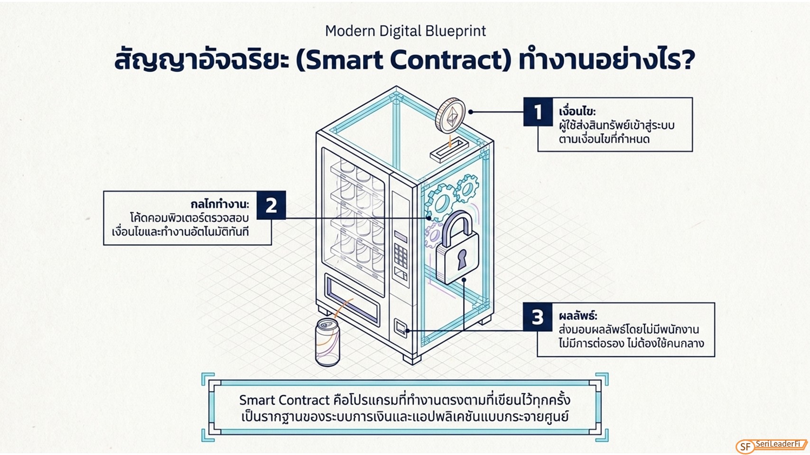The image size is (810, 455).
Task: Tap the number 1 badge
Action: coord(538,111)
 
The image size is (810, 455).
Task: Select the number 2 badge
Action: coord(271,205)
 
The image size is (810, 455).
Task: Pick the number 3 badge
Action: coord(538,317)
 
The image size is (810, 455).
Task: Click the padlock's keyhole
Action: coord(462,259)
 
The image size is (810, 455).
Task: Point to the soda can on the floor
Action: coord(327,342)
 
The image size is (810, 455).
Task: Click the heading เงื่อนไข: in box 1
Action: coord(577,111)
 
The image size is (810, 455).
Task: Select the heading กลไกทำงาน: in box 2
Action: coord(220,204)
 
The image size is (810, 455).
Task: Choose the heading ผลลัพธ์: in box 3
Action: coord(578,316)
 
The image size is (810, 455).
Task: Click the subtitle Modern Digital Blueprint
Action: coord(405,31)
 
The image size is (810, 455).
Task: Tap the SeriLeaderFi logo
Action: coord(771,446)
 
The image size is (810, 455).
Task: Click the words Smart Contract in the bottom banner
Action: coord(284,400)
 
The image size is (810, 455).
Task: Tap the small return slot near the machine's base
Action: coord(400,328)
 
